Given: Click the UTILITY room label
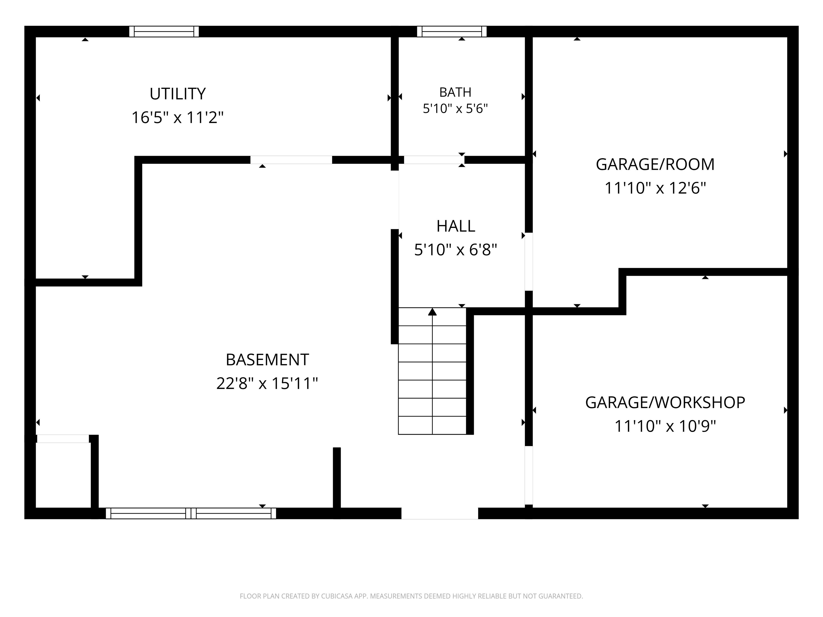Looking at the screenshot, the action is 177,94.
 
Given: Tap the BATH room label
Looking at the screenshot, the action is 455,92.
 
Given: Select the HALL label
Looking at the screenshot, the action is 455,226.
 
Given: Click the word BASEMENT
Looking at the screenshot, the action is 267,360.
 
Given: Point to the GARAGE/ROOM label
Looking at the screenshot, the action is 655,164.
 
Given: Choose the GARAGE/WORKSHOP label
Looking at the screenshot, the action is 665,402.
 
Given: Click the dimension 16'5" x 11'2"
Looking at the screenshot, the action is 177,118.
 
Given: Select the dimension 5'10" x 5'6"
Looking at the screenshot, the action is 455,109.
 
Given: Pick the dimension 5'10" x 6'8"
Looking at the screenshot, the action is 455,250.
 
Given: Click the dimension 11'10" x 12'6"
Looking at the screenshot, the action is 655,188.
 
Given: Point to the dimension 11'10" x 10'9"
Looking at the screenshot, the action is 665,426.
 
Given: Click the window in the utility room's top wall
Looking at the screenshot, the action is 164,32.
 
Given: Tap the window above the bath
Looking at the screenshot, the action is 452,32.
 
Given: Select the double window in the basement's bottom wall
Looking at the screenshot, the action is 191,513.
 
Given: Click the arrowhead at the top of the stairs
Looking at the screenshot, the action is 432,312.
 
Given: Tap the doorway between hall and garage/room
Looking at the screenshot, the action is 529,261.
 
